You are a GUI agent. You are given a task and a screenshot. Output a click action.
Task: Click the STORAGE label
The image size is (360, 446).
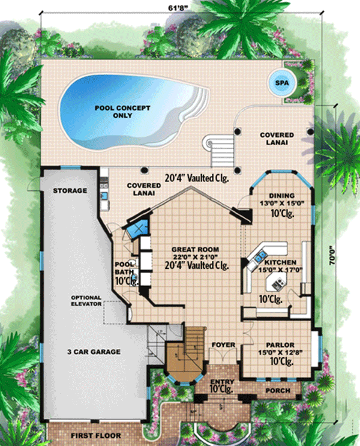pyautogui.click(x=70, y=191)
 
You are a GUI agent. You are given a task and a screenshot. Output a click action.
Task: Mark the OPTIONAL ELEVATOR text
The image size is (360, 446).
pyautogui.click(x=86, y=301)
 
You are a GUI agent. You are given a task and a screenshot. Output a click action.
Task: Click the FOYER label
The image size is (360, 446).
pyautogui.click(x=222, y=345)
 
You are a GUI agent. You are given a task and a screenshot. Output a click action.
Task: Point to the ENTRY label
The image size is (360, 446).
pyautogui.click(x=223, y=381)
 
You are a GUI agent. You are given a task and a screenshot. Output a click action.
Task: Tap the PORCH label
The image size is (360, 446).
pyautogui.click(x=278, y=391)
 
